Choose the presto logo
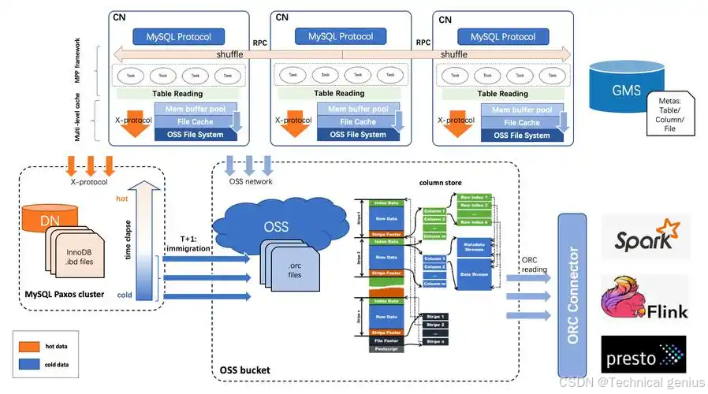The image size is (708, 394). (x=643, y=355)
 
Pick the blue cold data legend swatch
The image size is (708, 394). (x=30, y=365)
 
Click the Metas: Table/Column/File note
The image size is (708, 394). (x=669, y=113)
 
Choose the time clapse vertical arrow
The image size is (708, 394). (x=142, y=236)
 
